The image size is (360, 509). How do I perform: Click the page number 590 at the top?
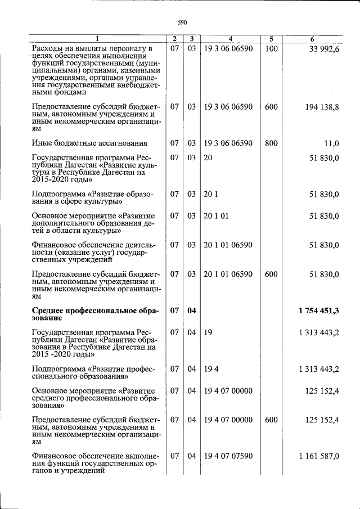(x=182, y=22)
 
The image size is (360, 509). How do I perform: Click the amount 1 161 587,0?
(x=319, y=456)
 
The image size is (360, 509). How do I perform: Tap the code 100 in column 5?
(x=271, y=49)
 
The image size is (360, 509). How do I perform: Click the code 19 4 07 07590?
(x=228, y=456)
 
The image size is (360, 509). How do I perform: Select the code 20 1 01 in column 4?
(x=216, y=216)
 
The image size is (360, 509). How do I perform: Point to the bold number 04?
(x=191, y=310)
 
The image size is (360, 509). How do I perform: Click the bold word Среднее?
(x=49, y=310)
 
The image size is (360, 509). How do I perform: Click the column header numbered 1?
(x=97, y=39)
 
